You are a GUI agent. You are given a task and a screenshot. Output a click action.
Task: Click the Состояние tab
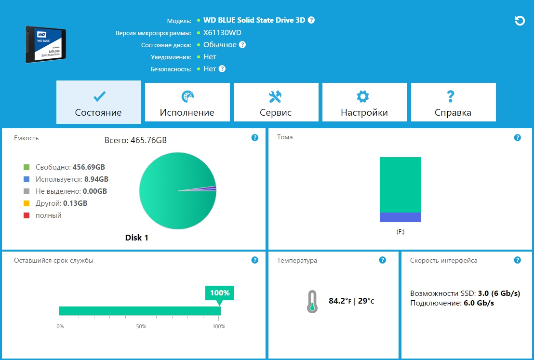(98, 102)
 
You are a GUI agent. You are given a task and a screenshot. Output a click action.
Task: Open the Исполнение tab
(187, 102)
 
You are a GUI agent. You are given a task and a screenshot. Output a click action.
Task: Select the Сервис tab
(276, 102)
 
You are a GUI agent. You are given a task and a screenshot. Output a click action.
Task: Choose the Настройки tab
(364, 102)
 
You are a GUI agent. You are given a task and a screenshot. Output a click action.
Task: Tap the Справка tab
(453, 102)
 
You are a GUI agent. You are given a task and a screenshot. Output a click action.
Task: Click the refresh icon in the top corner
(520, 21)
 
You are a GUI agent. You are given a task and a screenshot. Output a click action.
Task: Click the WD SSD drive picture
(45, 44)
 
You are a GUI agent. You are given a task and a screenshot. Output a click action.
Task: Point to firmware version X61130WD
(222, 33)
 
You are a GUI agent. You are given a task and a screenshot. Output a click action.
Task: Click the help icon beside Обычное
(242, 45)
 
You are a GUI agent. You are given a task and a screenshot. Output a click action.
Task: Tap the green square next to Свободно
(27, 167)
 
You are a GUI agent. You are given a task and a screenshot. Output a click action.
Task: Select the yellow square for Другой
(27, 203)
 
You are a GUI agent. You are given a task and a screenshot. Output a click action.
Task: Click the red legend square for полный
(27, 215)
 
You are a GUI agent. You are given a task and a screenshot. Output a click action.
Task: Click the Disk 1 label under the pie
(137, 238)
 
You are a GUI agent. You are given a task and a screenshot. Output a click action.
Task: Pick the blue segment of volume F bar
(400, 217)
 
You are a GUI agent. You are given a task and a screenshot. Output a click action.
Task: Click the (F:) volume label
(400, 232)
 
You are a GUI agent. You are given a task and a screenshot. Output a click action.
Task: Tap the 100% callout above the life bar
(219, 293)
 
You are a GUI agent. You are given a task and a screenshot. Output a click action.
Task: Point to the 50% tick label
(141, 327)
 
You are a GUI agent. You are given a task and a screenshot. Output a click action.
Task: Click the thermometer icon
(312, 302)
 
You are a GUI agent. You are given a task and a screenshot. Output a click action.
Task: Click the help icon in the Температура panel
(383, 260)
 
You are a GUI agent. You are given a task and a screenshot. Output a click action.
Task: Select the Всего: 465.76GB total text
(136, 140)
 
